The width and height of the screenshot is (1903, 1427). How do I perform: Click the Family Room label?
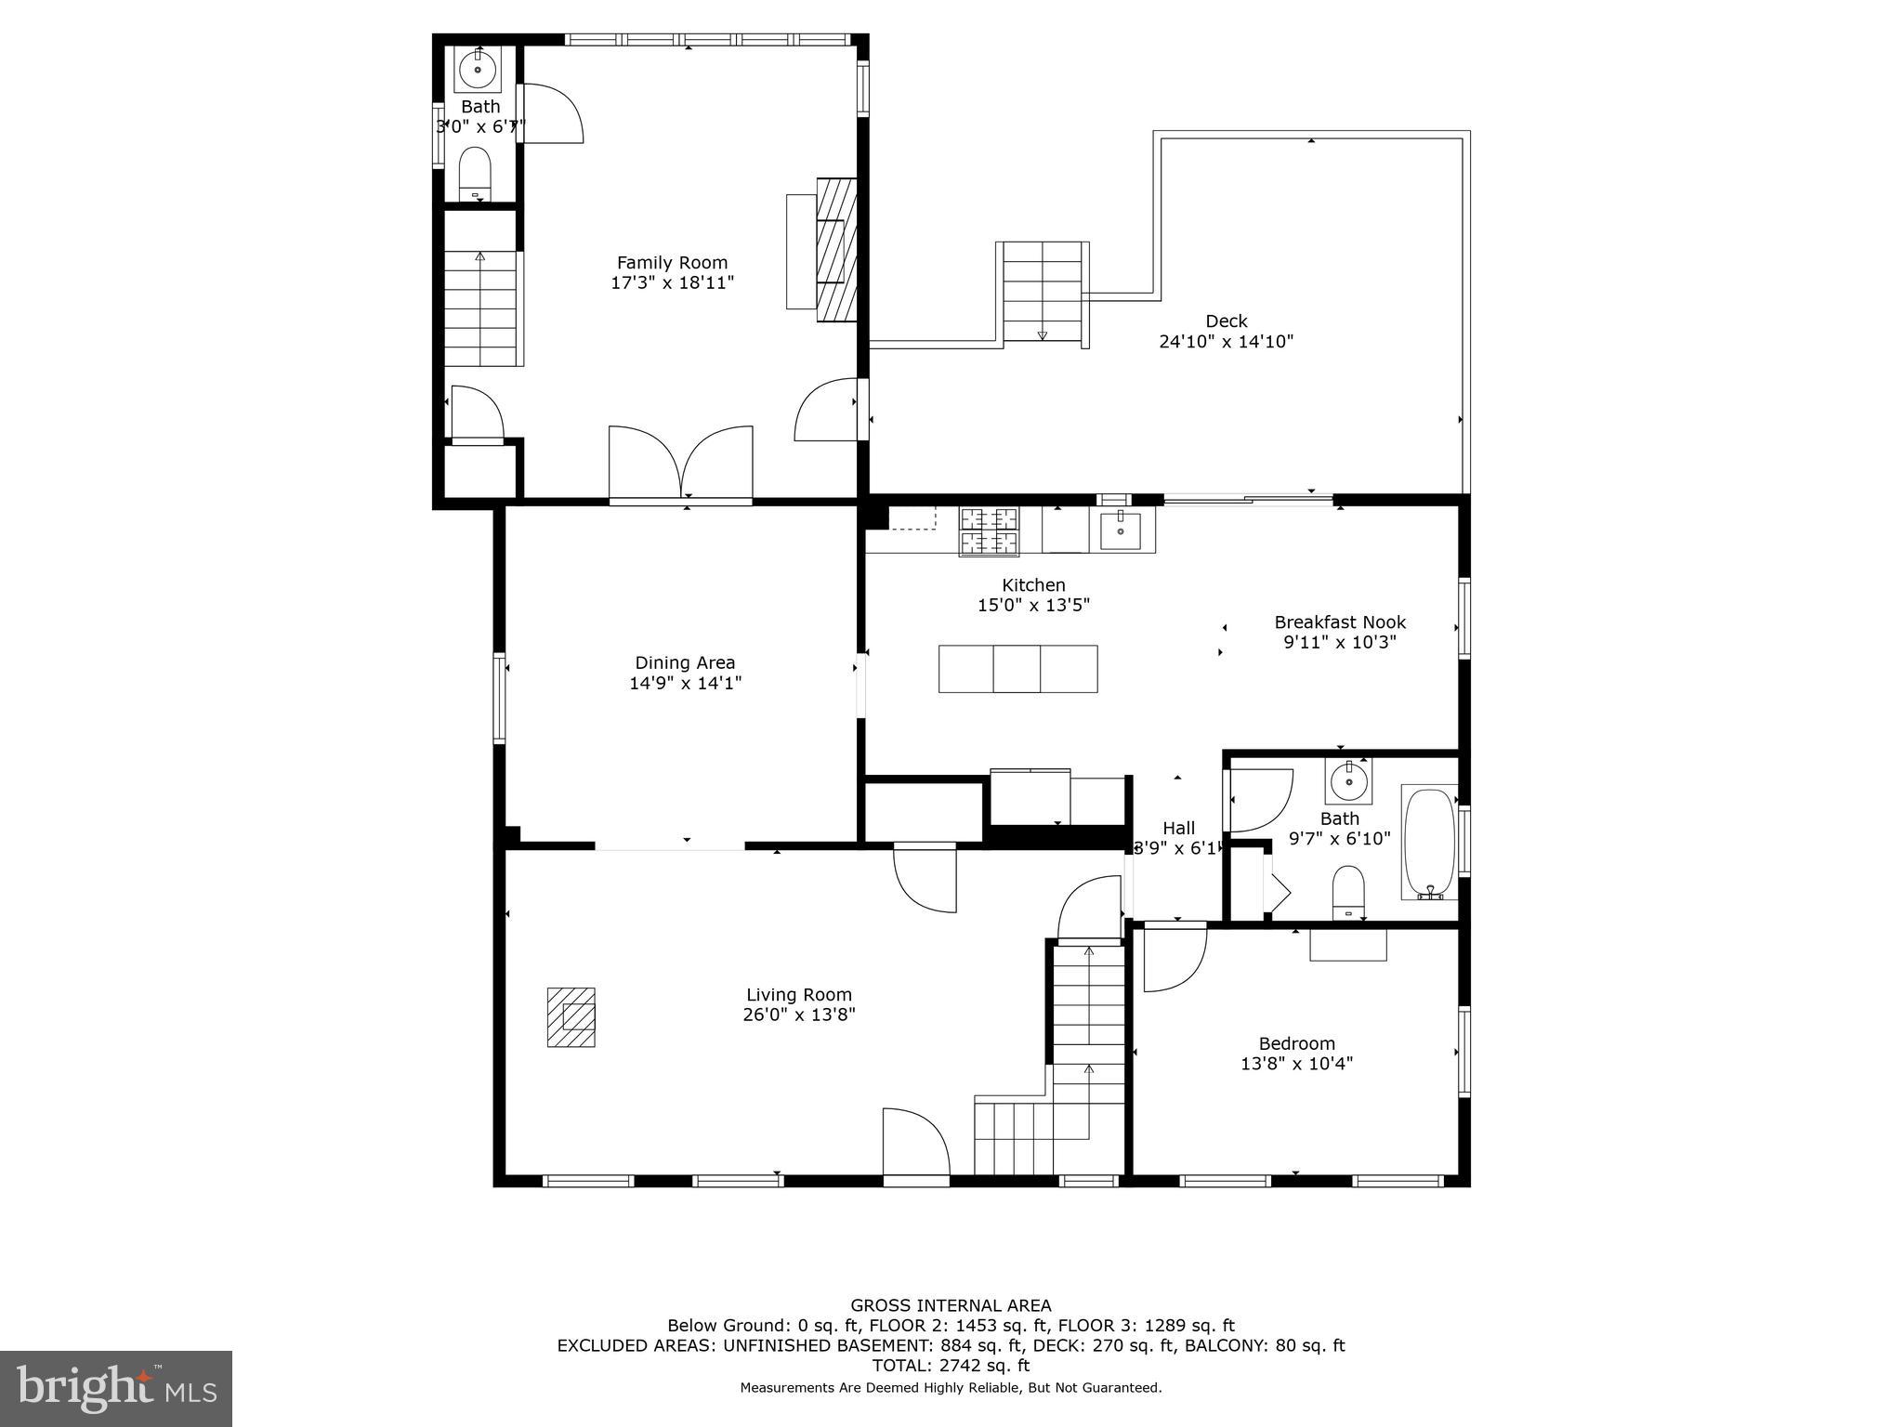672,263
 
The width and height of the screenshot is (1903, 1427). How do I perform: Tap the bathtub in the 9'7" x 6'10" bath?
1428,844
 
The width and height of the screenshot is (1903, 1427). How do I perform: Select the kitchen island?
1017,669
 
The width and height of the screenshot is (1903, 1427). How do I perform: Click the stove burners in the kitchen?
989,531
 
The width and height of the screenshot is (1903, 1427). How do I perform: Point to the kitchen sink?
1122,531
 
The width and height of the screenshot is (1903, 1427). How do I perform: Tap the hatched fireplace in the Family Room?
835,249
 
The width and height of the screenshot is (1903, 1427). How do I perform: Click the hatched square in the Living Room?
571,1017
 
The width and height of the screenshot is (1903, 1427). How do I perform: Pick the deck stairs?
1042,292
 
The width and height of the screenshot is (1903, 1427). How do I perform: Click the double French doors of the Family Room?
681,465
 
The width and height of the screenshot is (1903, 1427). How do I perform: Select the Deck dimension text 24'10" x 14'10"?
1226,342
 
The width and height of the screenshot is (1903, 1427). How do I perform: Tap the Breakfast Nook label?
1339,622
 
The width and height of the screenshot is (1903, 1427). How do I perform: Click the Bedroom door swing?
1174,957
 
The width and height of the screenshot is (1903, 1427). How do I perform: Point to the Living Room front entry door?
915,1145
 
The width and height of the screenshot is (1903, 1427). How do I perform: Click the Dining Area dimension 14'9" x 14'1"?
685,684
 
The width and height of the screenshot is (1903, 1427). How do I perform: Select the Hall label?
1178,828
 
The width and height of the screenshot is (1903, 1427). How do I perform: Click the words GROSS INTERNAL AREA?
951,1305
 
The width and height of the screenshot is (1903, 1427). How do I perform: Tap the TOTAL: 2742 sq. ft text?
951,1366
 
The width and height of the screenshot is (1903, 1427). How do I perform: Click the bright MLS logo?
116,1389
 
